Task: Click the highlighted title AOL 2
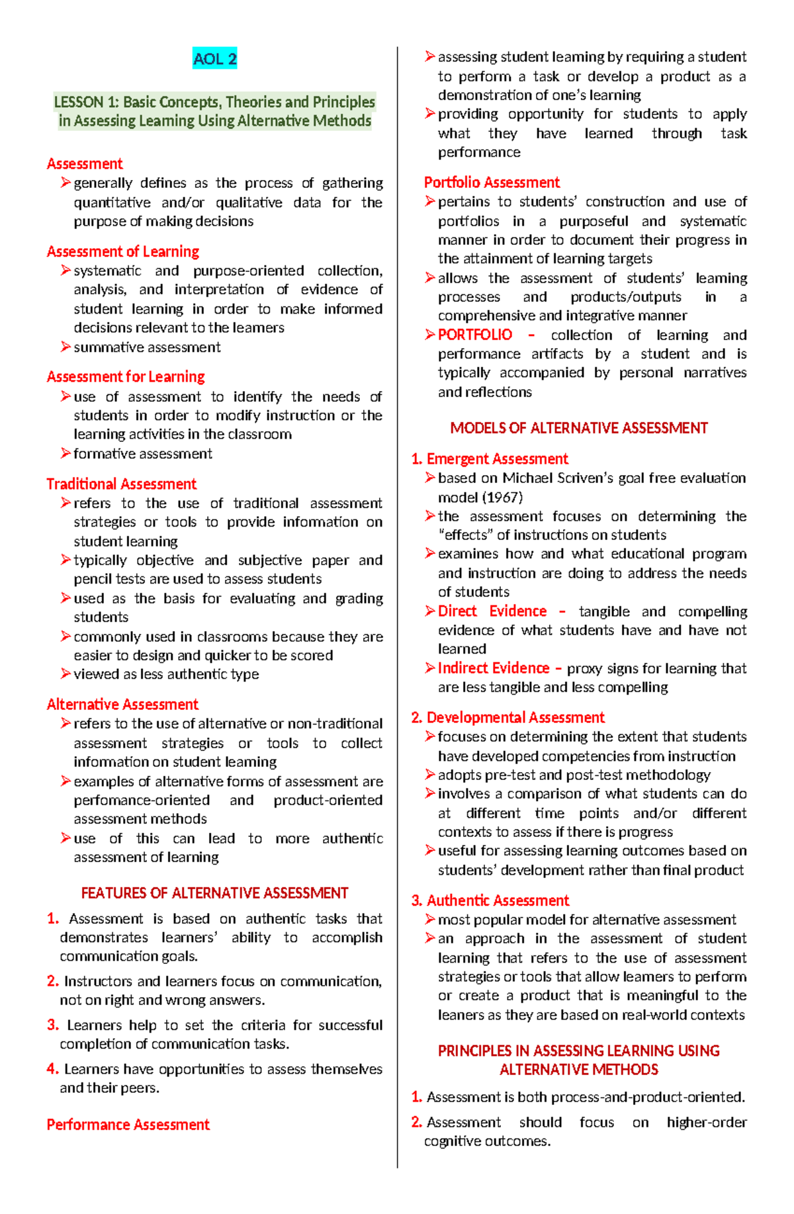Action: click(214, 60)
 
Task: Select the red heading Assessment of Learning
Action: click(123, 251)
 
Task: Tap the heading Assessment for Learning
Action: click(126, 376)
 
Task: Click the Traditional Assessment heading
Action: click(122, 484)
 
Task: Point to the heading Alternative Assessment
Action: click(122, 704)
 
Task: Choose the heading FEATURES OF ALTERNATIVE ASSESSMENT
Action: click(214, 893)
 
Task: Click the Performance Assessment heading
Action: click(128, 1124)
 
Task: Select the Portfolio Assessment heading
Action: click(492, 182)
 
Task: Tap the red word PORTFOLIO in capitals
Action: click(475, 335)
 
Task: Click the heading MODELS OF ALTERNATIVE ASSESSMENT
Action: click(579, 428)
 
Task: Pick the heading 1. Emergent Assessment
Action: click(490, 458)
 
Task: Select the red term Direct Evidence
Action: click(492, 611)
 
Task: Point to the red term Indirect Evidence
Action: click(494, 668)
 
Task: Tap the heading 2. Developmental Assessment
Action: click(507, 717)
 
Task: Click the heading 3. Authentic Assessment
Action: click(490, 900)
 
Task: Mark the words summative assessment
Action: click(147, 347)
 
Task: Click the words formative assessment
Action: click(143, 454)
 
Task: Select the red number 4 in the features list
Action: click(52, 1069)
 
